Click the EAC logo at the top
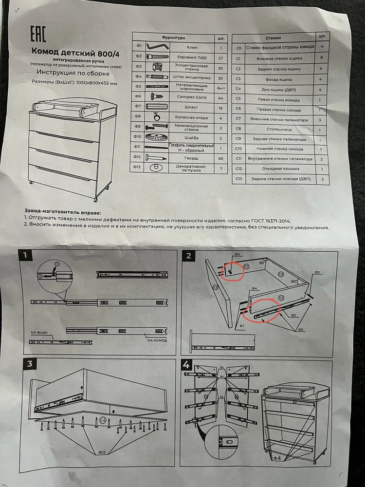(38, 34)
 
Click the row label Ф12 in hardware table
(138, 157)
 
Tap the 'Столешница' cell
(279, 130)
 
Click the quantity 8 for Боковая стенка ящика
(322, 58)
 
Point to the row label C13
(238, 179)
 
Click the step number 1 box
(28, 255)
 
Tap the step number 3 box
(30, 363)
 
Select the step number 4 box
(186, 364)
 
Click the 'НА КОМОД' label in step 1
(157, 340)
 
